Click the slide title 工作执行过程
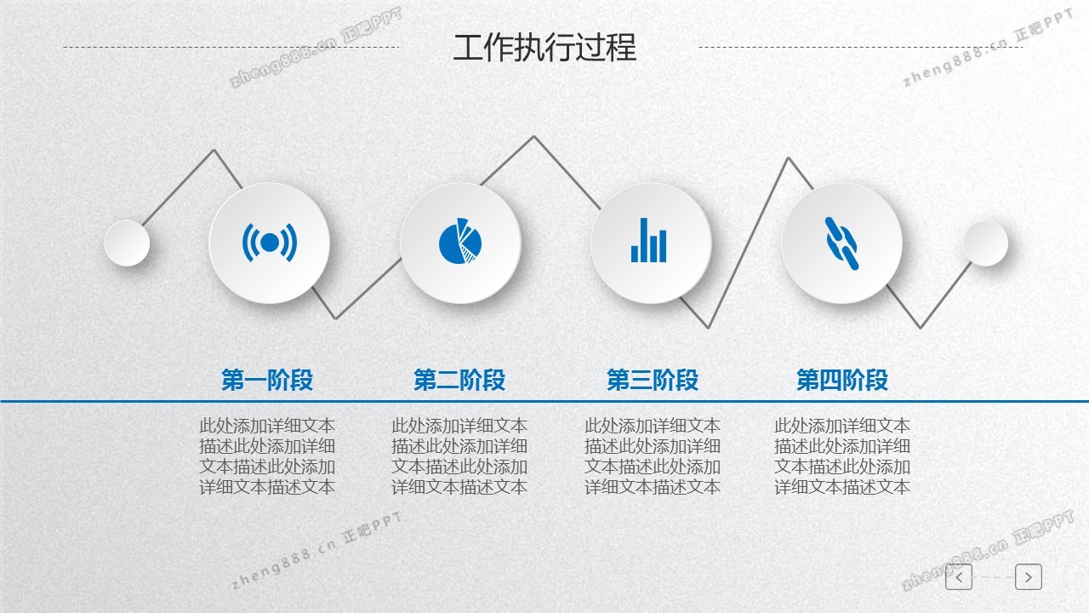pos(544,48)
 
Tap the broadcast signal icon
pos(270,243)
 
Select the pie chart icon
pos(460,241)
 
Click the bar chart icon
pos(648,240)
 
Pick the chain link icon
pos(841,243)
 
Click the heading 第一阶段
pos(267,380)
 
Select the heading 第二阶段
pos(459,380)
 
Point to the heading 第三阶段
pos(653,380)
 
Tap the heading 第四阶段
pos(842,380)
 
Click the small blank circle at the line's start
pos(127,243)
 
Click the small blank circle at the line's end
pos(985,243)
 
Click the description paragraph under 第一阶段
pos(267,456)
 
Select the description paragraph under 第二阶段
pos(459,456)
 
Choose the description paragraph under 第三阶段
pos(653,456)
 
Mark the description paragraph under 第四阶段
pos(842,456)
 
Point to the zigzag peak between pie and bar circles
pos(533,137)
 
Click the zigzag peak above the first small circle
pos(214,151)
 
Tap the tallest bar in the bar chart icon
pos(644,240)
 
